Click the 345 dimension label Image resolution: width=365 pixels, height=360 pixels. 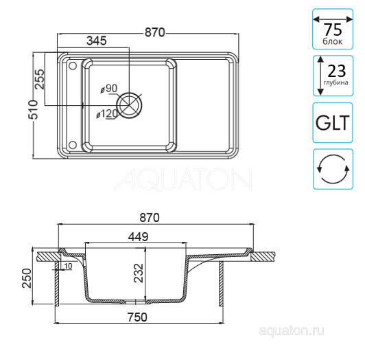[96, 41]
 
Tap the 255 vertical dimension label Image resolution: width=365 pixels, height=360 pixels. [39, 79]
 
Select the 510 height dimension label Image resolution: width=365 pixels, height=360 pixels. [33, 110]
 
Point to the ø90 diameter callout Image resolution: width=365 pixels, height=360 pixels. [109, 89]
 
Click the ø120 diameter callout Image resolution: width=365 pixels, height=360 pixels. [107, 114]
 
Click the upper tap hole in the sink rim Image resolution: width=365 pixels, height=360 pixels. [73, 66]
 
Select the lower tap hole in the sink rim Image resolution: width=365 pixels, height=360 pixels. [73, 145]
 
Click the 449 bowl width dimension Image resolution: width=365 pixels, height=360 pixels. [138, 237]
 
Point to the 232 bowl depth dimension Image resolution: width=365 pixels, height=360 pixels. [139, 273]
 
